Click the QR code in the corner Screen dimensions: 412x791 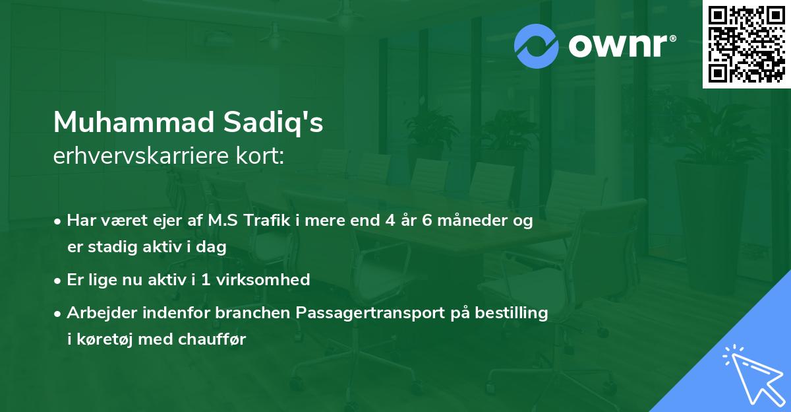click(746, 44)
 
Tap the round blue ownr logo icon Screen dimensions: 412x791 click(537, 46)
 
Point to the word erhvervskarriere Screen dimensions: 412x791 click(136, 157)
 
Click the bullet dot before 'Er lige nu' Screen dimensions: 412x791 click(59, 280)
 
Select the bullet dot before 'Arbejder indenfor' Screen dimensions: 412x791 click(59, 313)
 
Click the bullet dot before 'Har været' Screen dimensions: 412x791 click(59, 221)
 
